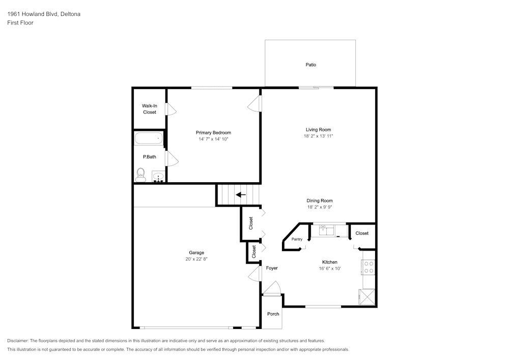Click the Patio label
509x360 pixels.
point(310,65)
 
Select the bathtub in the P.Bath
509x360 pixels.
point(149,138)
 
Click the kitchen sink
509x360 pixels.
point(326,231)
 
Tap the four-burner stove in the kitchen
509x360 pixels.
point(369,267)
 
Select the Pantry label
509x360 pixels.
point(297,239)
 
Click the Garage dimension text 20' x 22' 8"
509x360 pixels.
point(196,259)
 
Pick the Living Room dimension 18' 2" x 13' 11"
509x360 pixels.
point(318,136)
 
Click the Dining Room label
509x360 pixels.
point(319,201)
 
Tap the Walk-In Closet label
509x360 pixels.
point(149,109)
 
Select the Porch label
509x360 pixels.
point(273,314)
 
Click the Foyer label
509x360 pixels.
point(272,268)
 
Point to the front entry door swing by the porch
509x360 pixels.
point(272,289)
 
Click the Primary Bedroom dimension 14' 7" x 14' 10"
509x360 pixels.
point(213,139)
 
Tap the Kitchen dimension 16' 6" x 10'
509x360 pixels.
point(329,268)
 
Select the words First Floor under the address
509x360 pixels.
point(20,23)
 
